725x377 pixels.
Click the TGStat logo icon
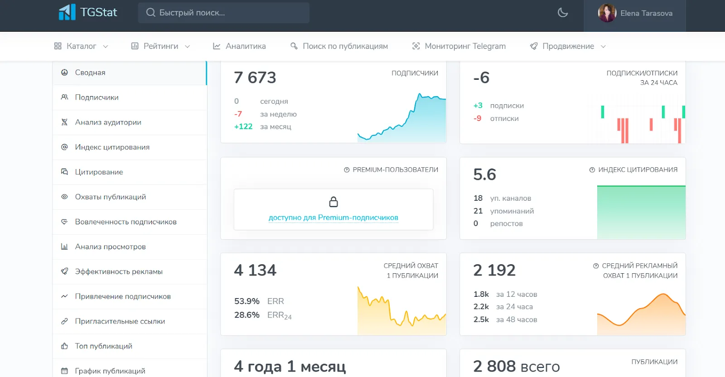67,12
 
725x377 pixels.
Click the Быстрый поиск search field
224,13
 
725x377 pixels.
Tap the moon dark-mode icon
563,13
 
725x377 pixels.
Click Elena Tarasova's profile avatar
607,13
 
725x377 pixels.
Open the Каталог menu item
81,46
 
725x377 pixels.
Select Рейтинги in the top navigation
160,46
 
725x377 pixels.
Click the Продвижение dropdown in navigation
568,46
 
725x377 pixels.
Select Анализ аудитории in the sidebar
108,122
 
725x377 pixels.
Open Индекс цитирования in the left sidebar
112,147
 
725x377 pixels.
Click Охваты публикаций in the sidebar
111,197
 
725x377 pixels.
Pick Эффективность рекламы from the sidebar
119,271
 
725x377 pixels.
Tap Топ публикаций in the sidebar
104,346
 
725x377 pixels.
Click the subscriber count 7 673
255,77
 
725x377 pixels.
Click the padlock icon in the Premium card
333,202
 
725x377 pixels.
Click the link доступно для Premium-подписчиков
333,217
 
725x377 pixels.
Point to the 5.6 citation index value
484,174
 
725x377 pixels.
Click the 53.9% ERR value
246,301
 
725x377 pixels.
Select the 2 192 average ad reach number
494,270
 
